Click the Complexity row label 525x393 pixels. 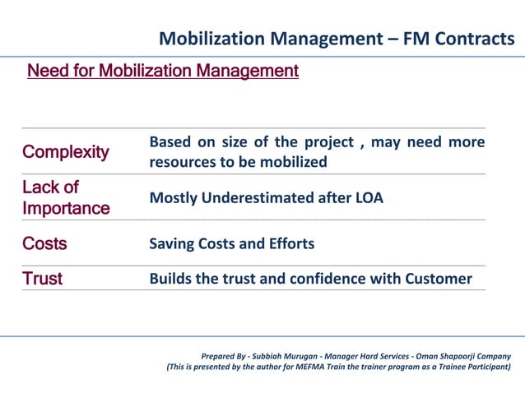66,152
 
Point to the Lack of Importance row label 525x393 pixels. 66,197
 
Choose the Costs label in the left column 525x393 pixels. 44,244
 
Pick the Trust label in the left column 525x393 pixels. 43,279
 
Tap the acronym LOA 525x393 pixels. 367,198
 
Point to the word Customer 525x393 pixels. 439,279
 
